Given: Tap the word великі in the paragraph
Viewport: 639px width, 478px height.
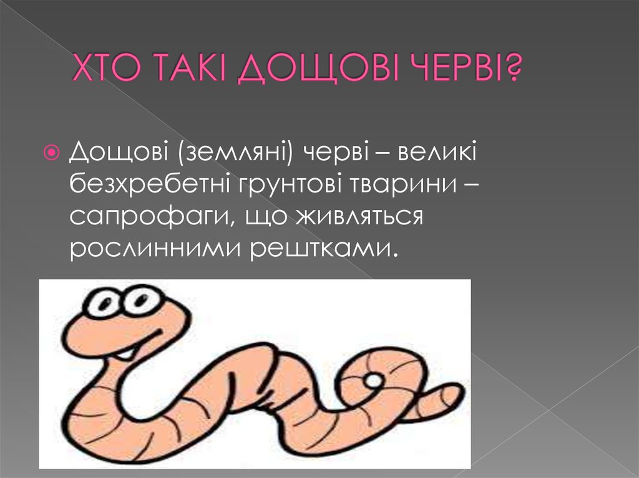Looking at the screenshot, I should (435, 151).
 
